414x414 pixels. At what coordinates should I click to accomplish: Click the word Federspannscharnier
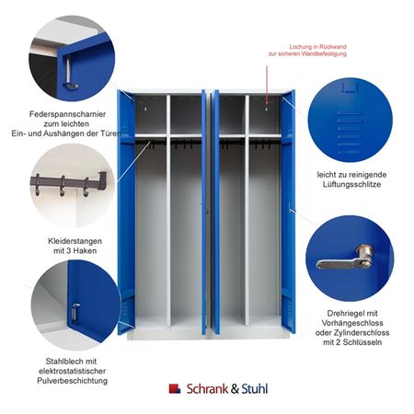[67, 114]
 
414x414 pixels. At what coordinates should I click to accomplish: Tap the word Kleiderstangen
[75, 241]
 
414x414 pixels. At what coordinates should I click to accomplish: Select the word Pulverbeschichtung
[73, 381]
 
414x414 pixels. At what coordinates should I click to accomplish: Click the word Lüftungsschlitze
[351, 184]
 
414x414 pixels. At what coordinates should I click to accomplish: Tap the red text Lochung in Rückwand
[318, 47]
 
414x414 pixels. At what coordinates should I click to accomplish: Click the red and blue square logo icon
[175, 388]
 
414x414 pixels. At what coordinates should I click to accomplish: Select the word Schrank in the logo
[207, 389]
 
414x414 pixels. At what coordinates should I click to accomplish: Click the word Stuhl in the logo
[255, 389]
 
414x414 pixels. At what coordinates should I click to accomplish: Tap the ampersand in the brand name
[235, 389]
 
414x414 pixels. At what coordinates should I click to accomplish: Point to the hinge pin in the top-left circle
[70, 74]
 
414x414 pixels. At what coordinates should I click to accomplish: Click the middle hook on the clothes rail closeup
[63, 186]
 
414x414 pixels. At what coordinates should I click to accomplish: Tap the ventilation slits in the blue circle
[350, 132]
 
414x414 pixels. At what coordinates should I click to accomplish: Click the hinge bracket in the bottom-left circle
[75, 314]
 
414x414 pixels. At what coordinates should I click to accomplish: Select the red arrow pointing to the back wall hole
[267, 85]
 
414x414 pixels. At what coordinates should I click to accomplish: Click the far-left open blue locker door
[126, 213]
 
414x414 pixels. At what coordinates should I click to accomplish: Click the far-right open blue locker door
[289, 212]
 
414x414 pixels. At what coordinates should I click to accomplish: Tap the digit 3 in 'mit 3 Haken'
[66, 251]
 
